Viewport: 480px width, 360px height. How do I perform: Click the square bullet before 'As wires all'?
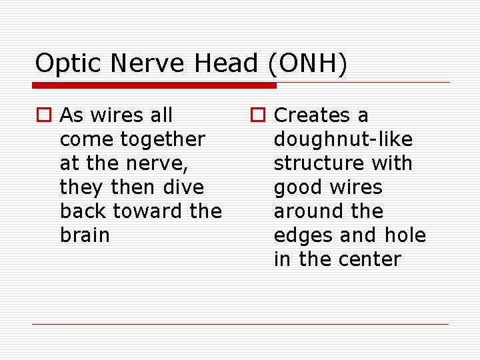tap(45, 116)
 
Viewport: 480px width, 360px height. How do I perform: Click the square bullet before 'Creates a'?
tap(259, 116)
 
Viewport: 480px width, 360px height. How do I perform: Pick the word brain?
tap(85, 235)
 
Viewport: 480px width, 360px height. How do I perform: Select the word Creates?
tap(314, 115)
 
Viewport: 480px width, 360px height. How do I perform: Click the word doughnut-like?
tap(343, 139)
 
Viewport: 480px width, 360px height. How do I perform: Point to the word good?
tap(297, 187)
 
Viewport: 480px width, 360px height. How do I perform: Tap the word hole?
tap(405, 235)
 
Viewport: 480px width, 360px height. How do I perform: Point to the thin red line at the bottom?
tap(240, 325)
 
